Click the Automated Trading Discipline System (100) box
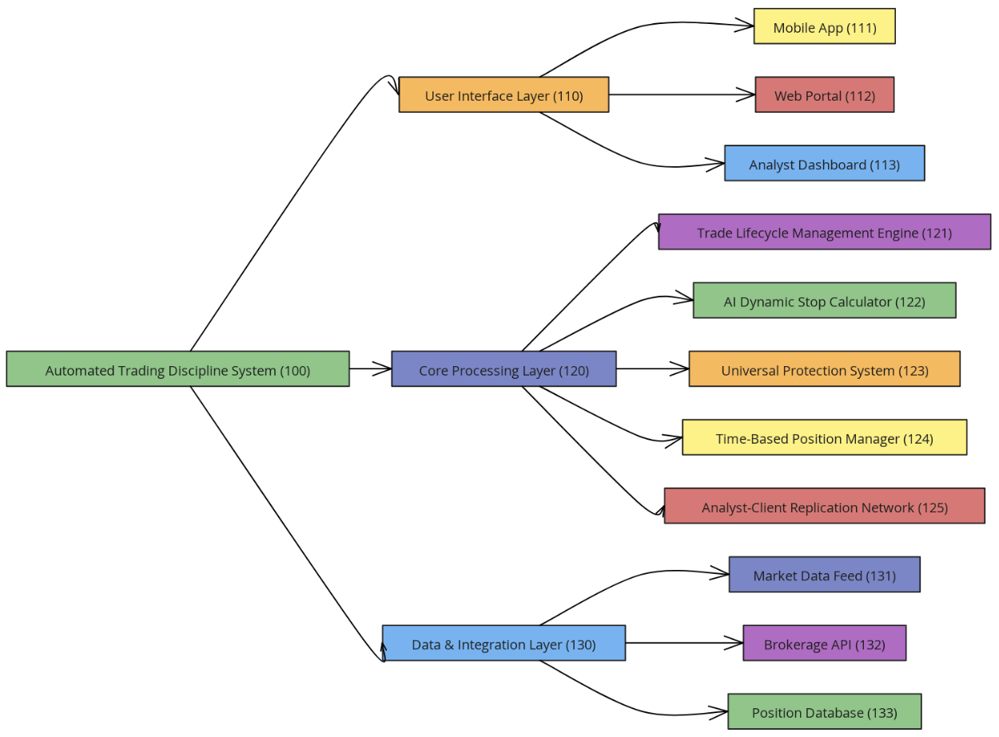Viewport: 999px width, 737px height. (177, 368)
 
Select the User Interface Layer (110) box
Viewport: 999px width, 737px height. (503, 94)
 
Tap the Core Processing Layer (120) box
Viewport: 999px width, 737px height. (503, 368)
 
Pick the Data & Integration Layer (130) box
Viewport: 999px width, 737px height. (503, 643)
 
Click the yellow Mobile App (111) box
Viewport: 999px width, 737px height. (824, 26)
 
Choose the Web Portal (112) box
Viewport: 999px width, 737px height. (824, 94)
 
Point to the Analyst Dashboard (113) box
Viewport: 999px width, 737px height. (824, 163)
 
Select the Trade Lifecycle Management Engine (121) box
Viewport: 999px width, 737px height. (824, 232)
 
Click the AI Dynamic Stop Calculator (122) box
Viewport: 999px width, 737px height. (824, 301)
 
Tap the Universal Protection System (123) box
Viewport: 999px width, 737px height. (824, 368)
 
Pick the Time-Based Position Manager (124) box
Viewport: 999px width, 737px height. (824, 437)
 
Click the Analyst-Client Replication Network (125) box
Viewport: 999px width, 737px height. (824, 506)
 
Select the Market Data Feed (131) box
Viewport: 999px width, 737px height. (824, 574)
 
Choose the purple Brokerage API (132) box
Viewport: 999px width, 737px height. (824, 643)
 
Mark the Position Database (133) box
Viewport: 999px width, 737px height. (824, 711)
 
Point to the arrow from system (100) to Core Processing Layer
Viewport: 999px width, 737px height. (370, 368)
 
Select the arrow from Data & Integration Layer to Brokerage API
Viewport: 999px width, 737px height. (683, 643)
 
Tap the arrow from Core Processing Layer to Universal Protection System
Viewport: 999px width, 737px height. (651, 368)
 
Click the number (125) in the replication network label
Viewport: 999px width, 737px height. (933, 508)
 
